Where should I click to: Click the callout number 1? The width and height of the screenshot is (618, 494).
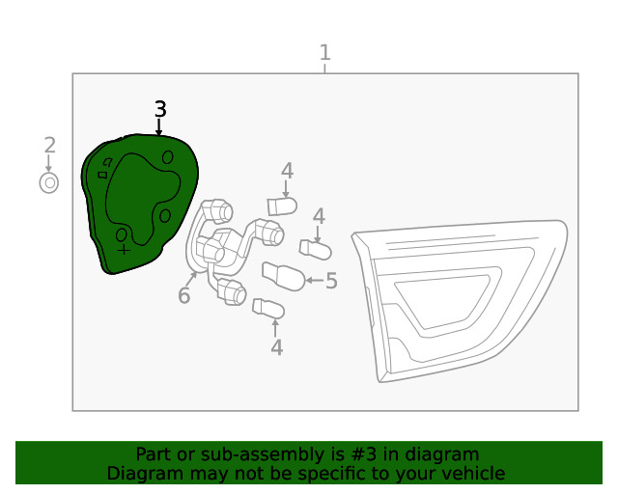(324, 53)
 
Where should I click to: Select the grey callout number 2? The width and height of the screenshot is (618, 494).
(49, 146)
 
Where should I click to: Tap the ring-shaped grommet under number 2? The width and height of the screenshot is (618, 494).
(49, 183)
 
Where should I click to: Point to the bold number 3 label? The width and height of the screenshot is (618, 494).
(160, 109)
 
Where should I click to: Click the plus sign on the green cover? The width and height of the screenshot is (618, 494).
(124, 250)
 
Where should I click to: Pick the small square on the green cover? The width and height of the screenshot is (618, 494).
(102, 175)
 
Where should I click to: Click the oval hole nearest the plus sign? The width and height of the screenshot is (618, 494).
(122, 235)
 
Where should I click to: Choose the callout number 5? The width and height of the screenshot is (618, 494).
(331, 281)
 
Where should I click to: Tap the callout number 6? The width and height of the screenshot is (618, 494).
(184, 295)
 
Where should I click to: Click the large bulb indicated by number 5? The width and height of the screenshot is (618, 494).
(283, 277)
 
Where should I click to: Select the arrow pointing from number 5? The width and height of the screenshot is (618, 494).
(315, 281)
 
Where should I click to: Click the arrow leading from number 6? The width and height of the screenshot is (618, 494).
(192, 279)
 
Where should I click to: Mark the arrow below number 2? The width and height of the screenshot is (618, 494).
(48, 163)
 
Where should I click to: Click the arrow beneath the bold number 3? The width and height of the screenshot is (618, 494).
(158, 127)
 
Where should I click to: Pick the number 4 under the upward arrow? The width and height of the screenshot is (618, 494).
(277, 348)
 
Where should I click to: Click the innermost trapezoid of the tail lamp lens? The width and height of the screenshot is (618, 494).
(442, 301)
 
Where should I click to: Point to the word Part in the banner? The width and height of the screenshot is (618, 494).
(151, 454)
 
